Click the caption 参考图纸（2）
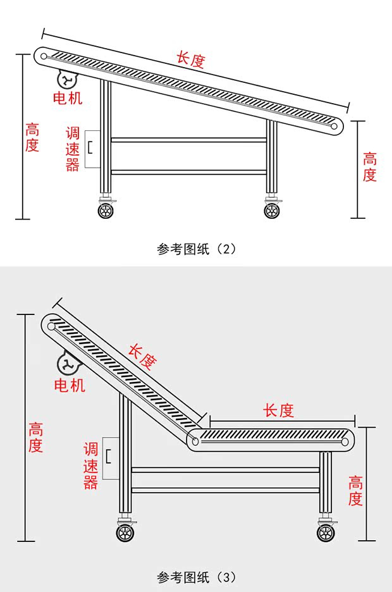(x=196, y=249)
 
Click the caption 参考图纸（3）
(x=196, y=577)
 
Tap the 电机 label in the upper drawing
(x=67, y=98)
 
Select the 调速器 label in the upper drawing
(x=73, y=149)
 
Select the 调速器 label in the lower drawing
(x=91, y=467)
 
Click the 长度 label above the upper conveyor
(x=190, y=60)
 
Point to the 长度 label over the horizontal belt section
(x=279, y=410)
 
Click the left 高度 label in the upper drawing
(x=32, y=138)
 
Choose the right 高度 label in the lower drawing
(x=356, y=491)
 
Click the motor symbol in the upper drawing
(x=66, y=80)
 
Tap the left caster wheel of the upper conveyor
(x=106, y=210)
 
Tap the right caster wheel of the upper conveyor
(x=273, y=210)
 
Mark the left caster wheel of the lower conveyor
(x=125, y=532)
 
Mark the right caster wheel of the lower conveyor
(x=326, y=532)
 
